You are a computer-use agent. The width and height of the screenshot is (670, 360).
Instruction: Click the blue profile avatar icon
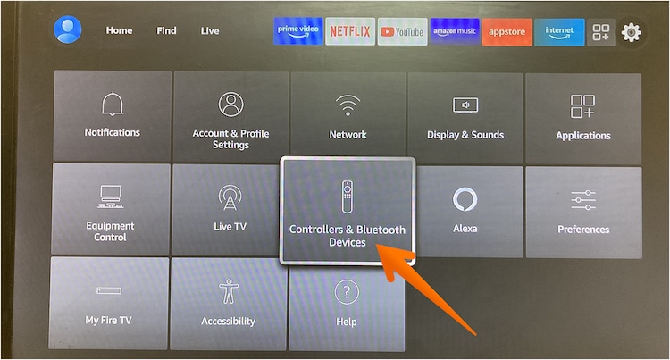pos(68,29)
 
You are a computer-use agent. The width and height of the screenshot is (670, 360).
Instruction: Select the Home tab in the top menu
pos(119,30)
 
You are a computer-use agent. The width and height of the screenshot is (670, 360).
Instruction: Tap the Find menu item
pos(166,30)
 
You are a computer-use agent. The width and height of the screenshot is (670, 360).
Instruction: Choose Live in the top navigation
pos(210,30)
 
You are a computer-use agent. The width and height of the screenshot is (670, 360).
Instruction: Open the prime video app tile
pos(298,31)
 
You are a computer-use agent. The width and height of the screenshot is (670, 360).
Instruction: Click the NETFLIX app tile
pos(350,31)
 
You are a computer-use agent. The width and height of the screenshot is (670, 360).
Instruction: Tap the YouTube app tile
pos(403,31)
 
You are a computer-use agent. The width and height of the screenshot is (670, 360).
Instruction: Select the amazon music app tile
pos(455,31)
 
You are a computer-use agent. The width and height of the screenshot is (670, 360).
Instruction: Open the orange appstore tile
pos(507,32)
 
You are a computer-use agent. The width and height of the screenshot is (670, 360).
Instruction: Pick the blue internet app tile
pos(559,32)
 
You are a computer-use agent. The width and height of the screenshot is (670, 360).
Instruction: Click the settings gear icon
pos(631,32)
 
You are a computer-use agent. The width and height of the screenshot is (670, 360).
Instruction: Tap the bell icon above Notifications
pos(113,104)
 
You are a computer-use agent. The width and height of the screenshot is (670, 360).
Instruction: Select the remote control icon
pos(348,197)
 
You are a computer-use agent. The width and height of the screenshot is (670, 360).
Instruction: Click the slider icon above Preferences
pos(583,200)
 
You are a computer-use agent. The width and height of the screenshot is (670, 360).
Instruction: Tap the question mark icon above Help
pos(347,293)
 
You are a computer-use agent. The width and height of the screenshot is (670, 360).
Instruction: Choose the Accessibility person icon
pos(229,291)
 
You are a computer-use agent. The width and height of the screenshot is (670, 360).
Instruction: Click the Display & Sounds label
pos(465,135)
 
